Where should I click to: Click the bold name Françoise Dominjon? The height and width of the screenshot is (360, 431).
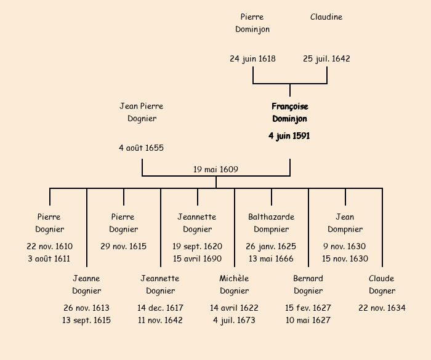(289, 113)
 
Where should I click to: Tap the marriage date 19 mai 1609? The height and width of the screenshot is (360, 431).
(216, 169)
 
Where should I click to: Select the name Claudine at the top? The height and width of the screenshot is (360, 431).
(326, 17)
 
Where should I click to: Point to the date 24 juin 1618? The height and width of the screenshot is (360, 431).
(252, 59)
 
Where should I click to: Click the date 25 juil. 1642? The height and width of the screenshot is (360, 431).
(326, 59)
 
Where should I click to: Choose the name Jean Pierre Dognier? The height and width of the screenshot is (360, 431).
(142, 113)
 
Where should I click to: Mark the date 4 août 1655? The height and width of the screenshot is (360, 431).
(142, 148)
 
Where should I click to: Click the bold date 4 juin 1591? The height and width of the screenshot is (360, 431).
(289, 136)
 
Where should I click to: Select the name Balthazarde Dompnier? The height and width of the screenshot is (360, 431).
(271, 223)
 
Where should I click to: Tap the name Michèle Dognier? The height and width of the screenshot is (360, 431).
(234, 284)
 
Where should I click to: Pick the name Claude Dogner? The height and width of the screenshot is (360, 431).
(382, 284)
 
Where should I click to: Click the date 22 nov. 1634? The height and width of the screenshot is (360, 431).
(382, 308)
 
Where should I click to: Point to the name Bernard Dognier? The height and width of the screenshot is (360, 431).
(308, 284)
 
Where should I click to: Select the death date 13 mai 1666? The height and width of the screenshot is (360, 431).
(271, 258)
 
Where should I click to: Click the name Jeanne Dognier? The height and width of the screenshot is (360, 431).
(86, 284)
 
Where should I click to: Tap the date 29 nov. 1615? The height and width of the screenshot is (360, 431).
(123, 246)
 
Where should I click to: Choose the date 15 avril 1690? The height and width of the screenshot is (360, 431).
(197, 258)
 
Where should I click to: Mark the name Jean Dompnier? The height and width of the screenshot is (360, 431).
(345, 223)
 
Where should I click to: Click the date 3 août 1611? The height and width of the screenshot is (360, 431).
(49, 258)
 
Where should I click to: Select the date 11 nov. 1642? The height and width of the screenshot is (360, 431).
(160, 320)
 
